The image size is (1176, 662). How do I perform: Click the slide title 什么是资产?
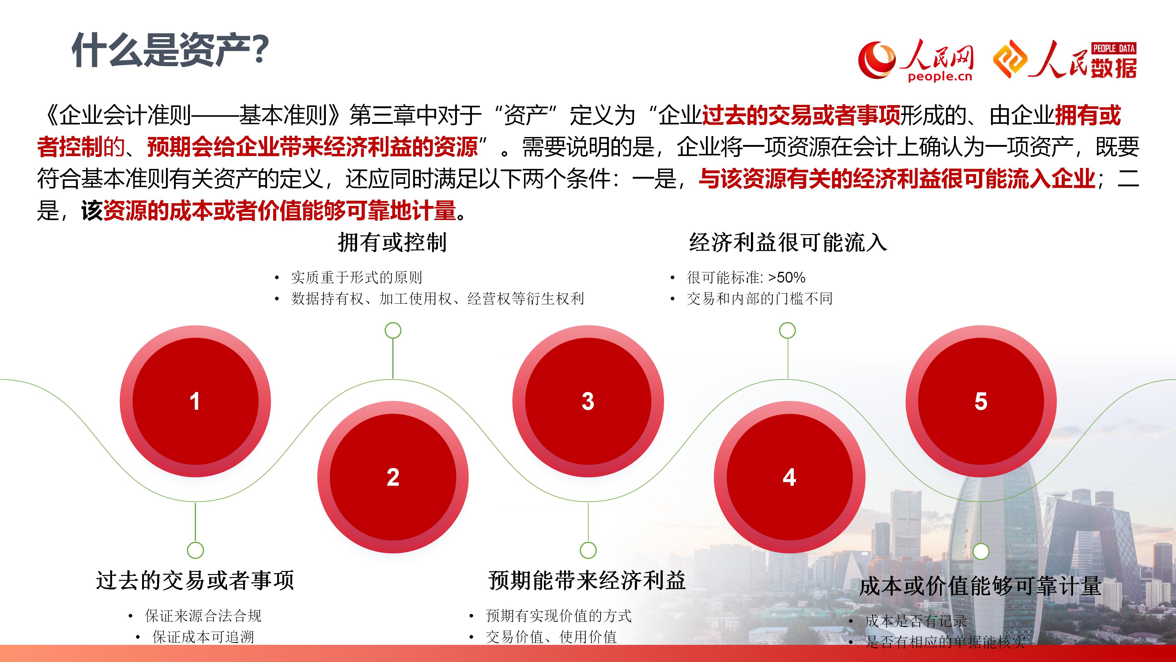(x=170, y=50)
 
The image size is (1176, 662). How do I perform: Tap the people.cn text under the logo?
(x=940, y=77)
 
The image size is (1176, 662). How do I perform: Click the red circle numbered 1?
(x=195, y=401)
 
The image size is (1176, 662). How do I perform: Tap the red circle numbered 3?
(x=588, y=401)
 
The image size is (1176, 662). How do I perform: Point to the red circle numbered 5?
(x=981, y=401)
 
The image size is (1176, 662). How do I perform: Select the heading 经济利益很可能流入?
(x=788, y=243)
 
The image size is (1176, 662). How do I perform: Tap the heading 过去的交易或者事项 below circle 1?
(x=195, y=581)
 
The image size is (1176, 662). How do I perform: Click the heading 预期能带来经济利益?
(x=587, y=581)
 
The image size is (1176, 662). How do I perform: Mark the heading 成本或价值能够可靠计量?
(x=981, y=587)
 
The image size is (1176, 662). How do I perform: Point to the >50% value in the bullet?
(x=787, y=277)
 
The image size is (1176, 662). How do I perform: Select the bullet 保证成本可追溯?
(x=203, y=637)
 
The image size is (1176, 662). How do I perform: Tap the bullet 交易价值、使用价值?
(x=552, y=637)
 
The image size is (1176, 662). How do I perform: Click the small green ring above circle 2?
(x=393, y=330)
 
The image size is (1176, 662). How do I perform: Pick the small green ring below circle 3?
(x=588, y=550)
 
